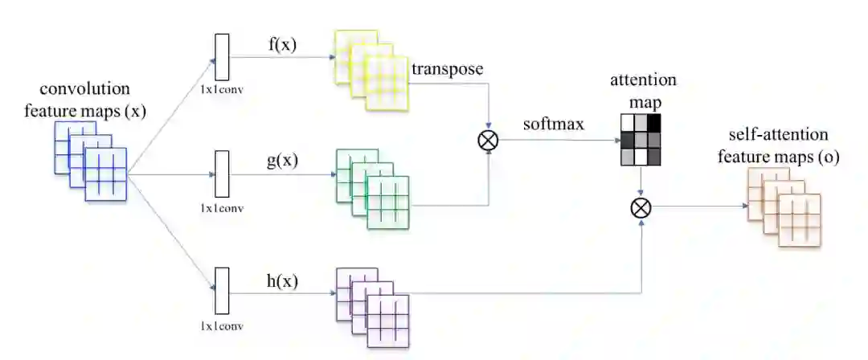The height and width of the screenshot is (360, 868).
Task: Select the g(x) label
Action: click(281, 160)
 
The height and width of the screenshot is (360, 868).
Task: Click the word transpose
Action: click(447, 69)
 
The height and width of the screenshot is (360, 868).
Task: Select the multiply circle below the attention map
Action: click(641, 208)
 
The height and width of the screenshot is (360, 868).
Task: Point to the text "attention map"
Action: click(642, 89)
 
